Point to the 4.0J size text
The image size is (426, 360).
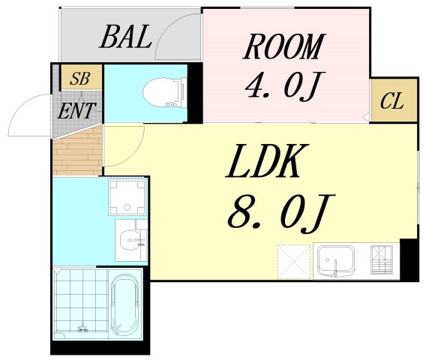[x=283, y=87]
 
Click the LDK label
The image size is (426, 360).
[x=267, y=161]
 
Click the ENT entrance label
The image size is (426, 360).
[x=76, y=112]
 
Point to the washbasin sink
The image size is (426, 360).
[x=132, y=241]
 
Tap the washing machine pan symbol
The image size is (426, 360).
[x=127, y=196]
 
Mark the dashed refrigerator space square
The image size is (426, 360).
[x=293, y=260]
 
